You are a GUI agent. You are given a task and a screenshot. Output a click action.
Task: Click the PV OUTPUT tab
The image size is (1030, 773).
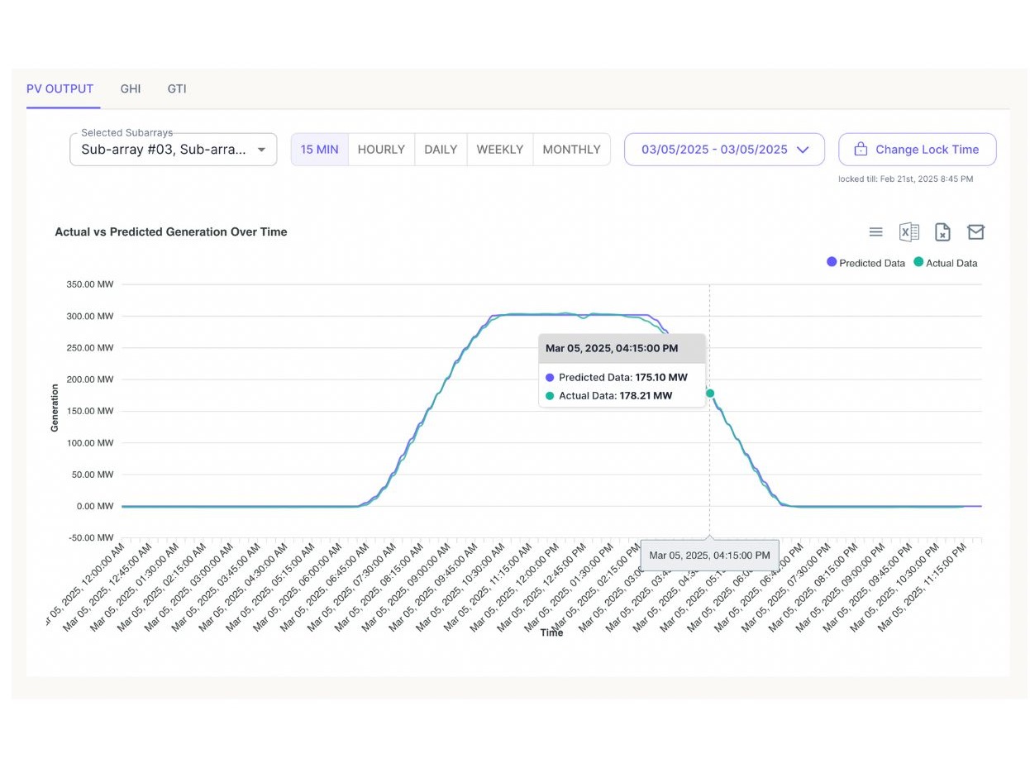tap(60, 88)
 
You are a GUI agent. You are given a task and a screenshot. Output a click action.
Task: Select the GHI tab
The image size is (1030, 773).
tap(131, 88)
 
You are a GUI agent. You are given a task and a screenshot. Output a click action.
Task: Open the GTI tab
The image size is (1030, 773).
tap(177, 88)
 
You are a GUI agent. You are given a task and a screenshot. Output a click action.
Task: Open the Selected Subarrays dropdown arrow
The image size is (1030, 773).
tap(261, 150)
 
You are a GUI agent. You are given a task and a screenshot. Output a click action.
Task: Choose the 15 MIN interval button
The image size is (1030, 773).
tap(319, 150)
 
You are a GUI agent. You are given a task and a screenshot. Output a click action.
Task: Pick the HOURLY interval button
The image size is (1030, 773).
tap(381, 150)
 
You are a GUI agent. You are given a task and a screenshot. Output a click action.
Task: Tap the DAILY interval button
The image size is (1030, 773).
tap(441, 150)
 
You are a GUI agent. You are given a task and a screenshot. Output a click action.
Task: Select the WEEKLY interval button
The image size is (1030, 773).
tap(499, 150)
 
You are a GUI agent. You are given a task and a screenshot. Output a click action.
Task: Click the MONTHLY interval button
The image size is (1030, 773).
tap(571, 150)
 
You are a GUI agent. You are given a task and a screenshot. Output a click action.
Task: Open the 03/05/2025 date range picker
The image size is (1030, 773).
tap(724, 150)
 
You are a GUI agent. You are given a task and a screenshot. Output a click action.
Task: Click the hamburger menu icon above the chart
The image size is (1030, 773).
tap(876, 232)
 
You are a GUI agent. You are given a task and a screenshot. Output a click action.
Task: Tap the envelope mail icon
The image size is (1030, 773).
tap(975, 232)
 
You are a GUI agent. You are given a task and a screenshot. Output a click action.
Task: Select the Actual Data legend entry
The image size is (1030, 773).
tap(946, 263)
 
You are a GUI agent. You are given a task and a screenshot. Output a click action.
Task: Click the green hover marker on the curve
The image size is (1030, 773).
tap(710, 394)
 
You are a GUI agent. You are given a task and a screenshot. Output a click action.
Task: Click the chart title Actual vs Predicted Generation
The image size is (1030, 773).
tap(171, 232)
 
